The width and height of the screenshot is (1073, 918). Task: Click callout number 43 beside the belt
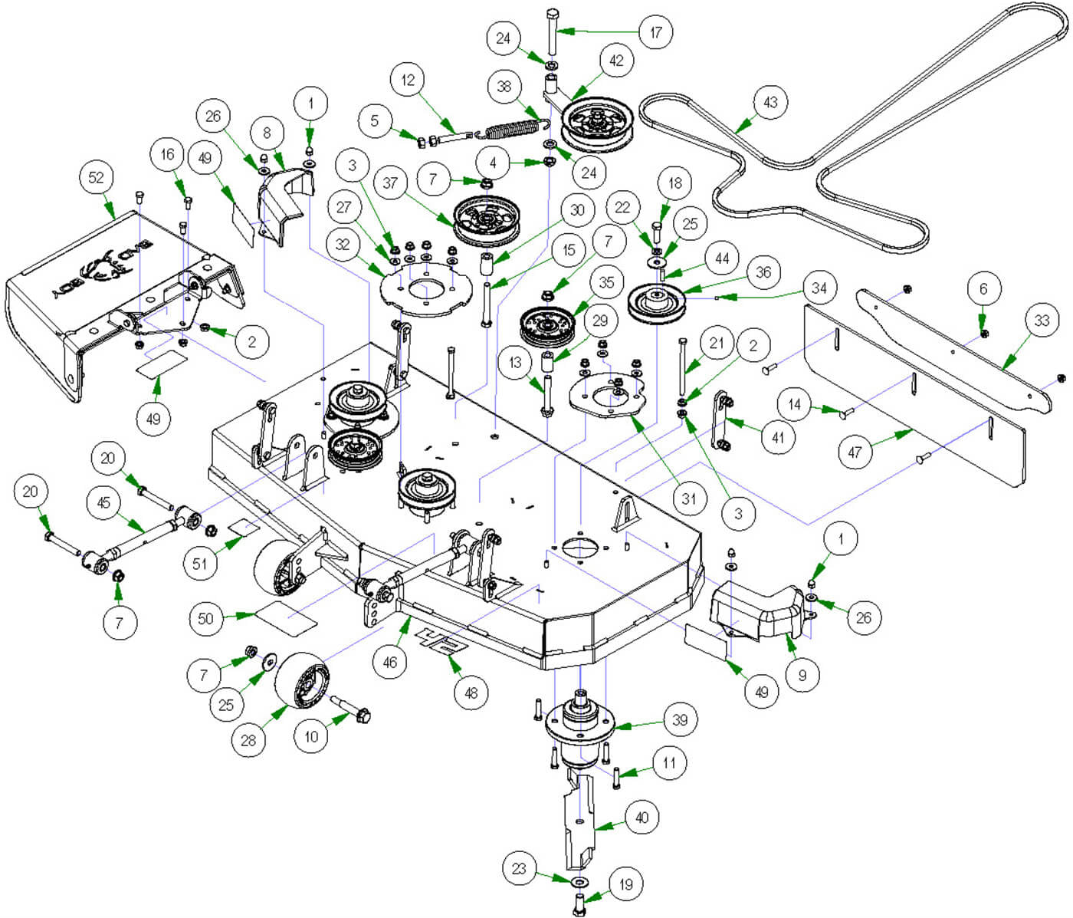pyautogui.click(x=770, y=102)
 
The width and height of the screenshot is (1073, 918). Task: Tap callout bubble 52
pyautogui.click(x=96, y=177)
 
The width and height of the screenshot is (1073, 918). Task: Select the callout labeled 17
pyautogui.click(x=656, y=32)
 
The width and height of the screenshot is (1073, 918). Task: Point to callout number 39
pyautogui.click(x=680, y=720)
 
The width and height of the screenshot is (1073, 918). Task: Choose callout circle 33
pyautogui.click(x=1042, y=319)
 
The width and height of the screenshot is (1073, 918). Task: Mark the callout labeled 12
pyautogui.click(x=407, y=80)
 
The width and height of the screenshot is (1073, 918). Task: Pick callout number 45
pyautogui.click(x=103, y=503)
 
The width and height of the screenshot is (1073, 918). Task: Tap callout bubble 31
pyautogui.click(x=689, y=499)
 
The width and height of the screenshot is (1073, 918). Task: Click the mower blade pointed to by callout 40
pyautogui.click(x=580, y=821)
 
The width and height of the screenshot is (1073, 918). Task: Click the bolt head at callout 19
pyautogui.click(x=579, y=900)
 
